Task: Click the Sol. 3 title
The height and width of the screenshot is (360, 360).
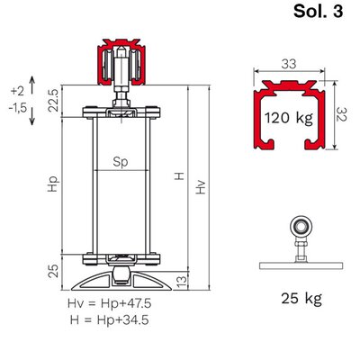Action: pyautogui.click(x=318, y=12)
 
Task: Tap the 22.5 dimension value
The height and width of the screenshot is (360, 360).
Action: pyautogui.click(x=54, y=101)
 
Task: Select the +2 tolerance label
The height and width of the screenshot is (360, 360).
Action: pyautogui.click(x=17, y=91)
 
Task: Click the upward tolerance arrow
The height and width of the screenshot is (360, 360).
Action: pyautogui.click(x=32, y=85)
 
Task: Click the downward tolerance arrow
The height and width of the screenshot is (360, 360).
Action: pyautogui.click(x=32, y=115)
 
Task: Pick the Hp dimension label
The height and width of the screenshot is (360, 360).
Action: pyautogui.click(x=53, y=184)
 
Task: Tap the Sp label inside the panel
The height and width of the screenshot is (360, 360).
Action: pyautogui.click(x=121, y=162)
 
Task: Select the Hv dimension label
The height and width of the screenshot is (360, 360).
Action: pyautogui.click(x=201, y=187)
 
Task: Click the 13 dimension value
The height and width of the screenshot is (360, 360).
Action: pyautogui.click(x=182, y=281)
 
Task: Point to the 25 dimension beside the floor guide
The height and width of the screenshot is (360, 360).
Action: pyautogui.click(x=54, y=270)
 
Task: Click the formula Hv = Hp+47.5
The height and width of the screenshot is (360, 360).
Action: pyautogui.click(x=110, y=303)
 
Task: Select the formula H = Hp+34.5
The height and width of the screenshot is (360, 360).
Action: pyautogui.click(x=110, y=319)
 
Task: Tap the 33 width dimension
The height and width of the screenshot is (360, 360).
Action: pyautogui.click(x=289, y=64)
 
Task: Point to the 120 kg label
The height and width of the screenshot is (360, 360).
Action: pyautogui.click(x=289, y=118)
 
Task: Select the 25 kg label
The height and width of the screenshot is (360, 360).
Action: pyautogui.click(x=301, y=298)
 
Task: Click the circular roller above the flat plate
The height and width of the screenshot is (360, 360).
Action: pyautogui.click(x=301, y=226)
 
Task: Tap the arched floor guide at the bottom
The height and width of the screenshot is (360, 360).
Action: pyautogui.click(x=121, y=281)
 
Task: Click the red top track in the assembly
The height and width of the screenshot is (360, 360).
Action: pyautogui.click(x=121, y=61)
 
